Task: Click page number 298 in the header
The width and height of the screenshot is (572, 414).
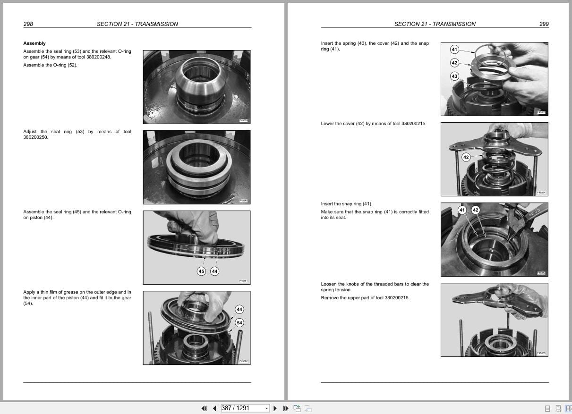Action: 28,24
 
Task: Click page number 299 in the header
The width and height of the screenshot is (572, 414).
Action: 544,24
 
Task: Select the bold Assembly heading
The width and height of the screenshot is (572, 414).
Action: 34,43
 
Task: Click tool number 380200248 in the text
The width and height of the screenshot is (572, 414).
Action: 99,57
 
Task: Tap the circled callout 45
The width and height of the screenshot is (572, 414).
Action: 201,271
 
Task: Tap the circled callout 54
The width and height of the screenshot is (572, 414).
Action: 239,323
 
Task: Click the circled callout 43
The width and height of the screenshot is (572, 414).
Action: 454,76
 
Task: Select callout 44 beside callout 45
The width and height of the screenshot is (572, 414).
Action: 215,271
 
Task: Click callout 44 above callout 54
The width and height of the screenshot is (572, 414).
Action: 239,310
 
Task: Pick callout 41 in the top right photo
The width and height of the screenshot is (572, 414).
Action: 454,50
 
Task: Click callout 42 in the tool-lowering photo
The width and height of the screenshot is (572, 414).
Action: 466,157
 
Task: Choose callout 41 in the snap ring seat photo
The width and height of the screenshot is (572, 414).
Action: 462,210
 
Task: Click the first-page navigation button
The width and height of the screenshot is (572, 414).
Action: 204,408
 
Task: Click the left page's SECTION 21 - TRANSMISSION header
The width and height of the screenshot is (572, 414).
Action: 137,24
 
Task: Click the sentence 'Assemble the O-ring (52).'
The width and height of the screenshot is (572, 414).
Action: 50,65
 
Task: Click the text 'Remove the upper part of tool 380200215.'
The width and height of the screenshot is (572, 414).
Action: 365,298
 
